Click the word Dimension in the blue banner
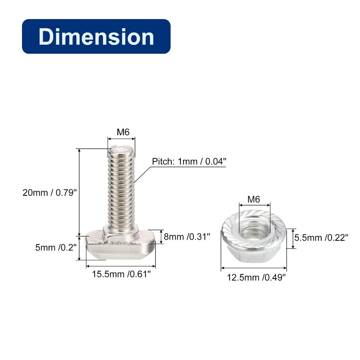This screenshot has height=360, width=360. pos(96,37)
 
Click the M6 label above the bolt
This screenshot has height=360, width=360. pos(123,132)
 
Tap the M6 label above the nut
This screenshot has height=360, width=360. pos(253,199)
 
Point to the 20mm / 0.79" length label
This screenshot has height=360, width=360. pos(49,192)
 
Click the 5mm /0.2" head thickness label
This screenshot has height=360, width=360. pos(56,248)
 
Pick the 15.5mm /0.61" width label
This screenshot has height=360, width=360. pos(121,274)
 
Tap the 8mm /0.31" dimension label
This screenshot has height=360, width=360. pos(187,237)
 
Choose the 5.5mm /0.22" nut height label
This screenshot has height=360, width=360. pos(321,238)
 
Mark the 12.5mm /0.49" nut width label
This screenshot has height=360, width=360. pos(256,277)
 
